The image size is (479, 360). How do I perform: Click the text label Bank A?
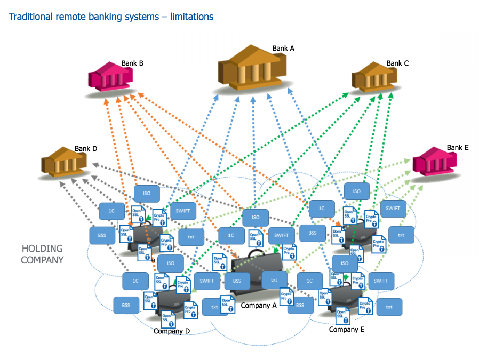click(283, 49)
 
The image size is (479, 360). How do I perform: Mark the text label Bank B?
click(132, 63)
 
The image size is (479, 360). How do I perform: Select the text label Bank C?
click(397, 63)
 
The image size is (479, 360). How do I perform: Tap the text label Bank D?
click(86, 149)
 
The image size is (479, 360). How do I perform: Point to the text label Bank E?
click(458, 148)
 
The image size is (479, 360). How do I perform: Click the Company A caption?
click(259, 306)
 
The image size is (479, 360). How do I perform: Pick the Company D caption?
click(172, 331)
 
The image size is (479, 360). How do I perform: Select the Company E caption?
click(347, 330)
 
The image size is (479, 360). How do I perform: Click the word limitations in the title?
click(191, 17)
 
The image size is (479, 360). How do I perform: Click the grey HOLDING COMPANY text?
click(42, 254)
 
